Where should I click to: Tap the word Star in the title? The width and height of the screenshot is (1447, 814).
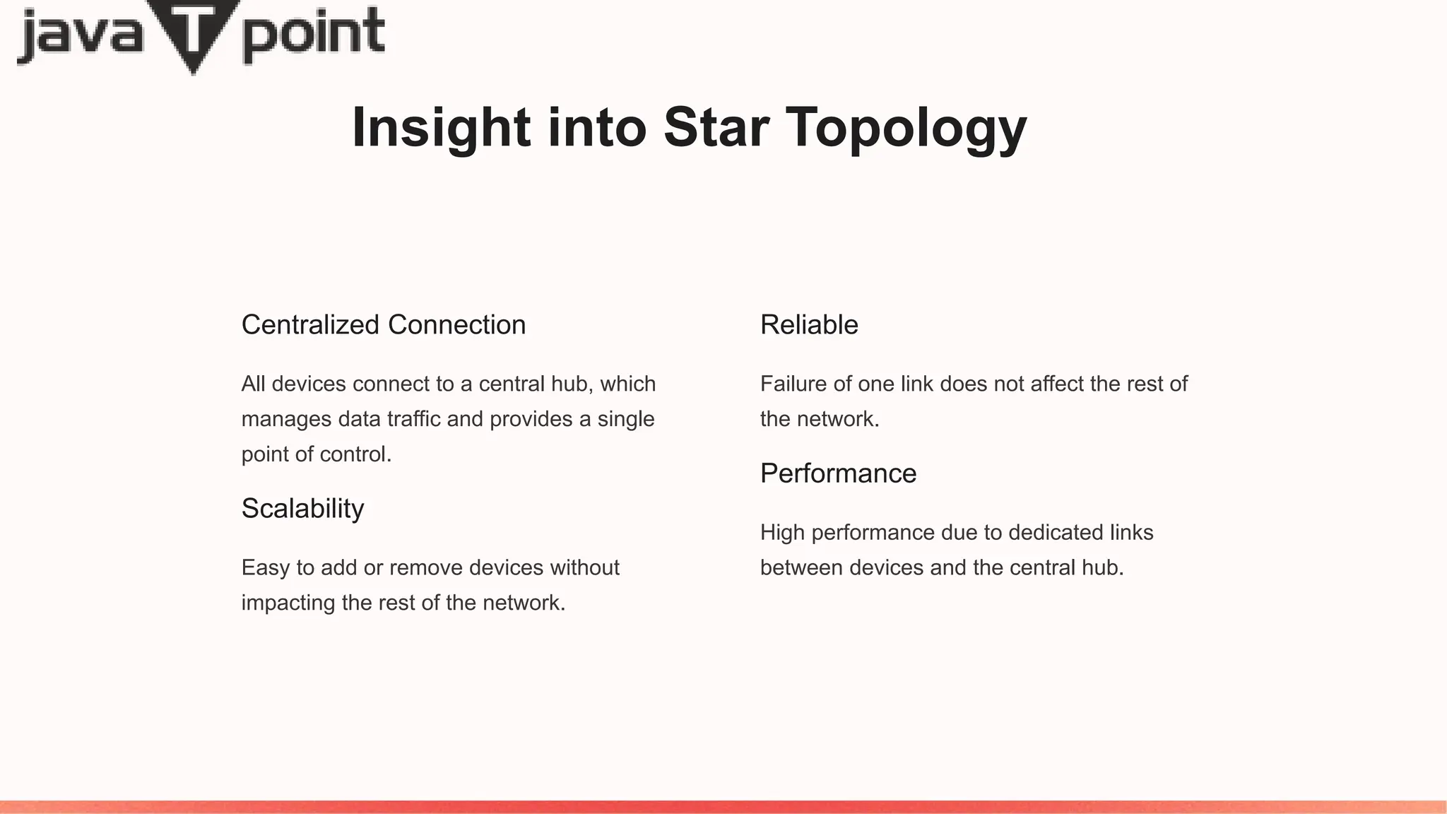[716, 127]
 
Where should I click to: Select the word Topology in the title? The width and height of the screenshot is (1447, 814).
[906, 129]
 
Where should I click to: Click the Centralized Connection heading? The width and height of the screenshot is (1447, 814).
[384, 325]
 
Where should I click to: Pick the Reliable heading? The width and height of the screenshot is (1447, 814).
[809, 325]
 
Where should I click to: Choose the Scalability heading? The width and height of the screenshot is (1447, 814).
[303, 509]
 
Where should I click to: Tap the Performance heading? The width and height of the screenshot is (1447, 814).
[838, 473]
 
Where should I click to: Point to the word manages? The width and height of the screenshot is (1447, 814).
[287, 420]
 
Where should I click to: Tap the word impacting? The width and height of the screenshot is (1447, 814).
[288, 603]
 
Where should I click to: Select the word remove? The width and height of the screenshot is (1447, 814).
[426, 567]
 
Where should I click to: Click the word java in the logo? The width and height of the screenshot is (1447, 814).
[79, 35]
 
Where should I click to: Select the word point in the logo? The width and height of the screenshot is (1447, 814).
[314, 35]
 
